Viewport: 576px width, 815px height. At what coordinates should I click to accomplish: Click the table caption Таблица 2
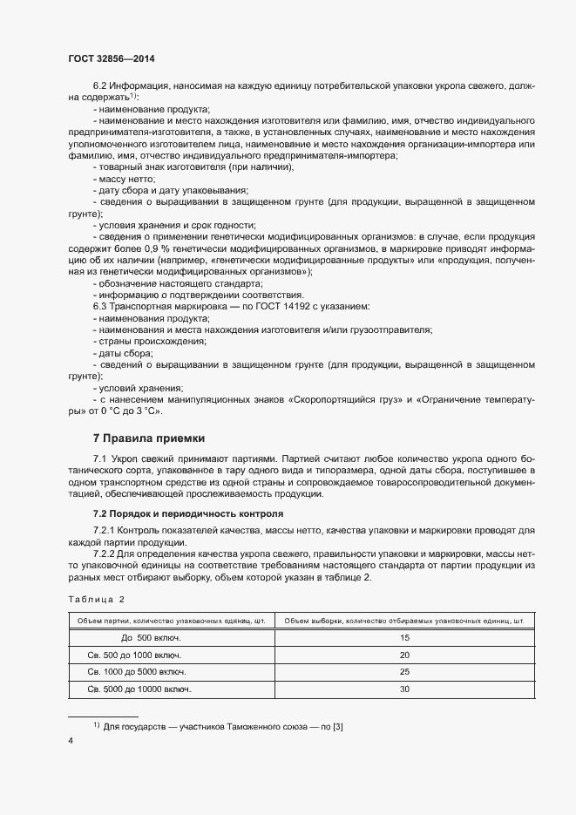point(97,599)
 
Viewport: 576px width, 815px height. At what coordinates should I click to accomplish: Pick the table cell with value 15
point(403,638)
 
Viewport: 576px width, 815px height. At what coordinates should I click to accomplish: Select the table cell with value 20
point(403,655)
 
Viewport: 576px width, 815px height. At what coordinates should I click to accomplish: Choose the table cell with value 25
point(403,672)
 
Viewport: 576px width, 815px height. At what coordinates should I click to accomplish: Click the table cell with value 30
point(403,689)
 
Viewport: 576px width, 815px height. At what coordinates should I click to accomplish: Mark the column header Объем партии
point(171,621)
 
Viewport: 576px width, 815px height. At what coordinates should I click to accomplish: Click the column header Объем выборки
point(403,621)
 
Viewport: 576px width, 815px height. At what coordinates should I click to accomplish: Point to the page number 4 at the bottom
point(71,740)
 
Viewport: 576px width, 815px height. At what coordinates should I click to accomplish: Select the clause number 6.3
point(101,307)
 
